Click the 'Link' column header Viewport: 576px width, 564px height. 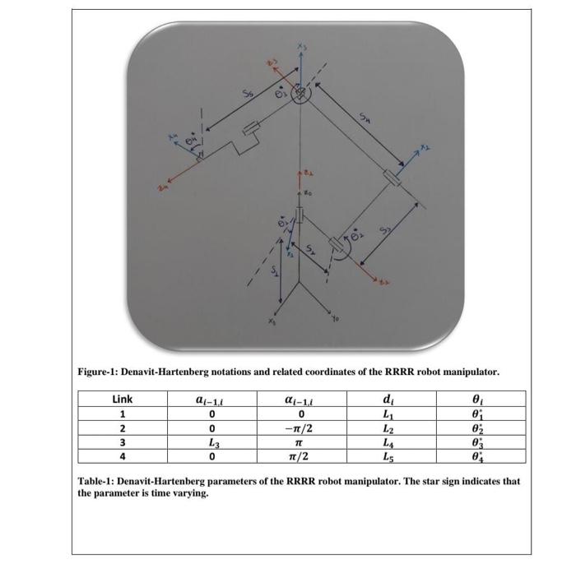(x=121, y=400)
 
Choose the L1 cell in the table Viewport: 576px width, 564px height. (x=387, y=414)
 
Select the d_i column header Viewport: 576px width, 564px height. (x=387, y=400)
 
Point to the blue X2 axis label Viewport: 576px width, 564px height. (x=424, y=148)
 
